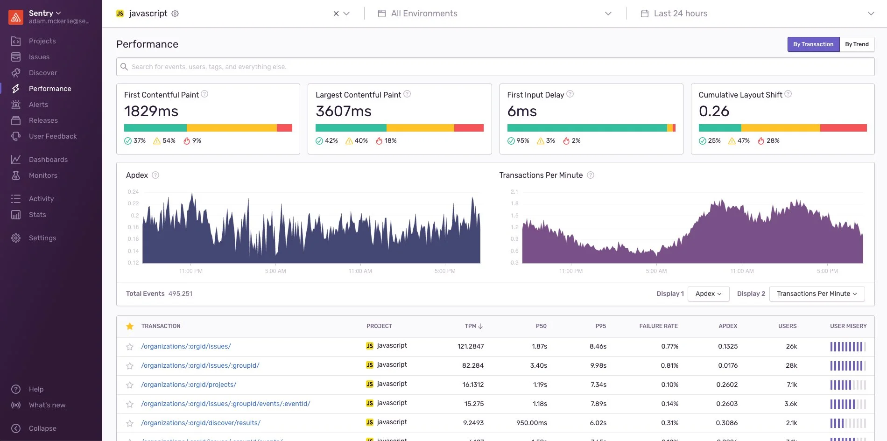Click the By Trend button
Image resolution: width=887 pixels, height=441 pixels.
[x=857, y=44]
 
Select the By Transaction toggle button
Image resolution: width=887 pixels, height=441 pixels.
[x=813, y=44]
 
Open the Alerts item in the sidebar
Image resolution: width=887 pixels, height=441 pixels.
[x=38, y=105]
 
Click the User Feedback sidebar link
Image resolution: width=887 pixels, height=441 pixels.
[x=53, y=136]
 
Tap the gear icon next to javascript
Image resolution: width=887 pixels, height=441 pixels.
[x=175, y=14]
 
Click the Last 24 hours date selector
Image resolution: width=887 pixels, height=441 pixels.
[x=680, y=14]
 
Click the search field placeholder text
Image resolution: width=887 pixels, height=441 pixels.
[x=209, y=67]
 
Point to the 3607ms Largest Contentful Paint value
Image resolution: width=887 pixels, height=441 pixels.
[x=343, y=112]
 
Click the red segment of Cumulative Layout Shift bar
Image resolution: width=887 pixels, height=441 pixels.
[x=843, y=128]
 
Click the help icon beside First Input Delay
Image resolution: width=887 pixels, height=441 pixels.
[x=570, y=94]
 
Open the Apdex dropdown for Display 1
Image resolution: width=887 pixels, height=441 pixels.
[x=708, y=294]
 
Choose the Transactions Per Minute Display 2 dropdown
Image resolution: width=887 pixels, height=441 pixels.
[x=817, y=294]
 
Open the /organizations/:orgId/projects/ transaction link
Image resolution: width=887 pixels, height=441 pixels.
[x=189, y=385]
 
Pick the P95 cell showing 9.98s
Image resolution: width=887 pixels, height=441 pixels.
[x=598, y=365]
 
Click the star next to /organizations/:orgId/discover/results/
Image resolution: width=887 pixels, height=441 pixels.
[x=130, y=423]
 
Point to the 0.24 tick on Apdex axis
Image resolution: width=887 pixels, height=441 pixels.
[x=133, y=192]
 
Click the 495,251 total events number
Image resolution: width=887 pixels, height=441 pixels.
[x=180, y=294]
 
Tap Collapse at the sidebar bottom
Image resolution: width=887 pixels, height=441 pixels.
[x=42, y=428]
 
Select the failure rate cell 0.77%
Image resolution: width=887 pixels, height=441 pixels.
[x=669, y=346]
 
